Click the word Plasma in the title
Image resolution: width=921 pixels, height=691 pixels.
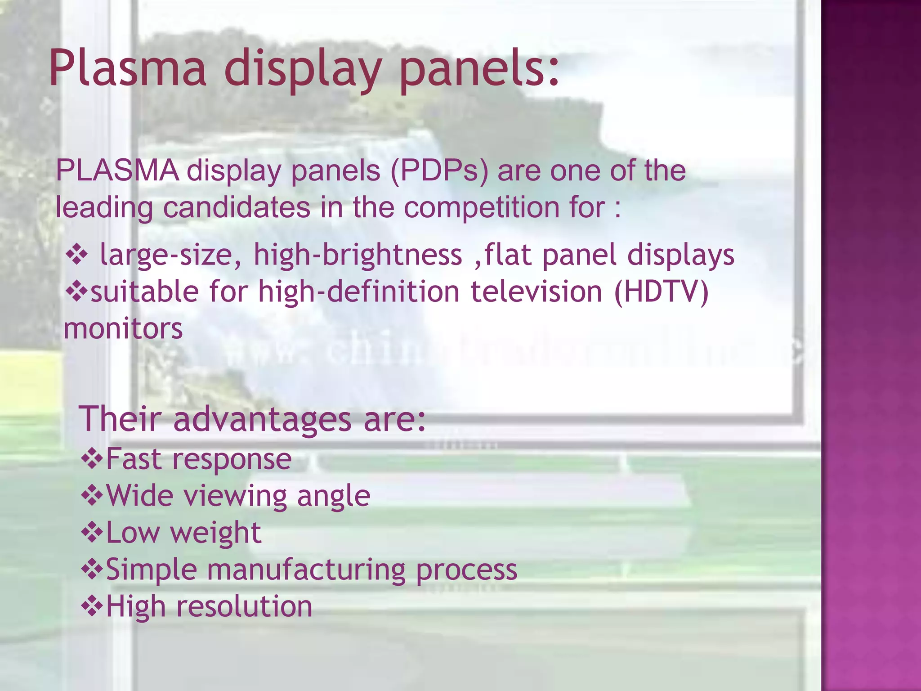coord(127,69)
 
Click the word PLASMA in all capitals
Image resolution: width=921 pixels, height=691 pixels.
coord(117,171)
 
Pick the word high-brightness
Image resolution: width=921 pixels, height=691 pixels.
coord(358,255)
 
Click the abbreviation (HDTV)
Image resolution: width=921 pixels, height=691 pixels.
coord(661,292)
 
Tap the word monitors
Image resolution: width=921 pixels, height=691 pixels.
coord(123,328)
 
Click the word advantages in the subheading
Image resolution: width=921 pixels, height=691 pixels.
coord(262,419)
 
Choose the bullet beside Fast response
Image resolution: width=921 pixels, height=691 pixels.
coord(92,459)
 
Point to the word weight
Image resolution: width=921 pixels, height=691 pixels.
coord(215,533)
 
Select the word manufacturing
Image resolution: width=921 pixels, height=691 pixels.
coord(306,570)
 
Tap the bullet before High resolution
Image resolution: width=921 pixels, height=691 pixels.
coord(92,606)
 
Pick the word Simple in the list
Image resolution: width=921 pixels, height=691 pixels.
coord(151,570)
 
